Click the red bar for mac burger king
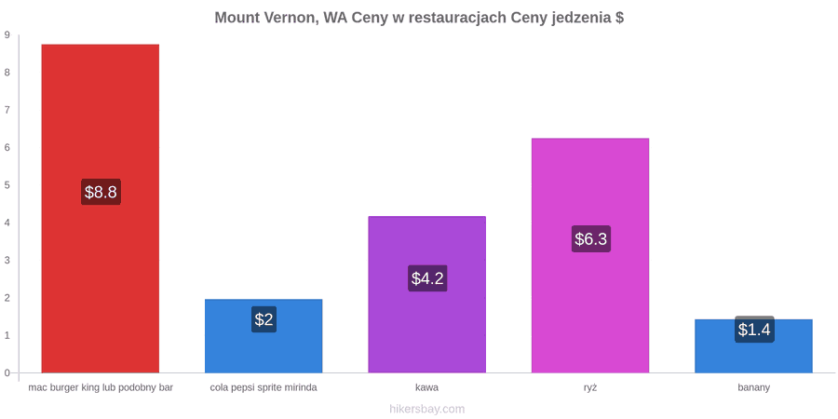pyautogui.click(x=101, y=209)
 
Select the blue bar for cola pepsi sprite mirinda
pyautogui.click(x=264, y=335)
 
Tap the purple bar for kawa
pyautogui.click(x=427, y=294)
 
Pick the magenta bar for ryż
pyautogui.click(x=590, y=255)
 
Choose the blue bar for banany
pyautogui.click(x=753, y=345)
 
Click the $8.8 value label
pyautogui.click(x=101, y=192)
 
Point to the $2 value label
pyautogui.click(x=264, y=319)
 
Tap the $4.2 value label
pyautogui.click(x=427, y=278)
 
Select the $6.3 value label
pyautogui.click(x=591, y=239)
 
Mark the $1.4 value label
pyautogui.click(x=754, y=330)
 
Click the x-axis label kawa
pyautogui.click(x=427, y=388)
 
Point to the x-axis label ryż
pyautogui.click(x=590, y=388)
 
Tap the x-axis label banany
pyautogui.click(x=753, y=388)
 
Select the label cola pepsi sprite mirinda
pyautogui.click(x=264, y=388)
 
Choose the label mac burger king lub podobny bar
pyautogui.click(x=101, y=388)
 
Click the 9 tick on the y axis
pyautogui.click(x=7, y=35)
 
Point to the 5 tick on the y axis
pyautogui.click(x=7, y=185)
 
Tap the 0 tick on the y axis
pyautogui.click(x=7, y=373)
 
